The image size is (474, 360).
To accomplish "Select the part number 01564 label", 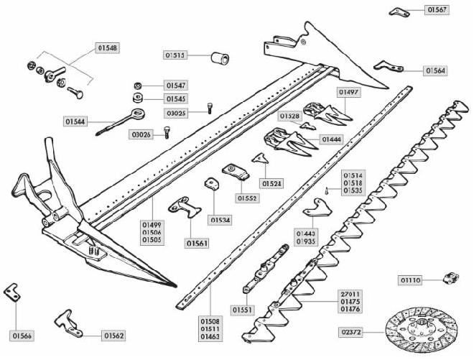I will [x=434, y=70].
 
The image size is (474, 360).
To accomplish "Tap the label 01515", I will [x=175, y=55].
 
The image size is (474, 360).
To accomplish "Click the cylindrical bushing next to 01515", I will [x=218, y=56].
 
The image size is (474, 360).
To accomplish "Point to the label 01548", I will [x=107, y=48].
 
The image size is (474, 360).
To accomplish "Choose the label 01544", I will [x=75, y=121].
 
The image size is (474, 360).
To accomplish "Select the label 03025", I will [x=177, y=113].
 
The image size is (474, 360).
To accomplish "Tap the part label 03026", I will [x=141, y=134].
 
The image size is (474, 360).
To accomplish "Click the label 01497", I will [x=348, y=92].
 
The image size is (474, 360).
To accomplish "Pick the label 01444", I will [x=331, y=139].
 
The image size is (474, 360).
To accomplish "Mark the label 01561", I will [x=197, y=244].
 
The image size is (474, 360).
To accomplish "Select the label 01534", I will [x=220, y=219].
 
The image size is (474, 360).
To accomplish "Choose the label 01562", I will [x=113, y=335].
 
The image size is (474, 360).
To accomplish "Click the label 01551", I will [x=241, y=309].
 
